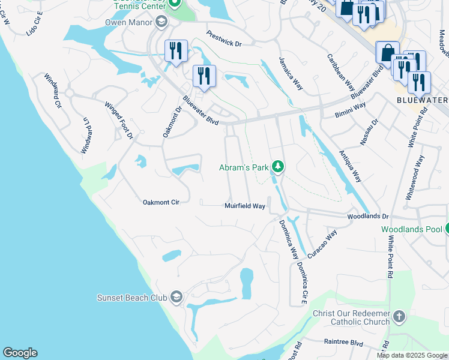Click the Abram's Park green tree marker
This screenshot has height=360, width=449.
[x=277, y=166]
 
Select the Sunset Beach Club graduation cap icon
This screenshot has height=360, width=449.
[x=176, y=298]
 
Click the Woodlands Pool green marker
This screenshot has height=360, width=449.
[x=448, y=229]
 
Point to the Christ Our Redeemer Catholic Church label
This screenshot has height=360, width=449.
[x=351, y=317]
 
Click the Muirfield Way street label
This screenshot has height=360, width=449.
[x=245, y=206]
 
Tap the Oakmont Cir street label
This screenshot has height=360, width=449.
[x=161, y=202]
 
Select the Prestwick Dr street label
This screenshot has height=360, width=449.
[x=223, y=39]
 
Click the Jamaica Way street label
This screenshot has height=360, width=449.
[x=291, y=73]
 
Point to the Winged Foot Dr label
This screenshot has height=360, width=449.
[x=119, y=121]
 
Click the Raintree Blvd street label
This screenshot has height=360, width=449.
[x=344, y=343]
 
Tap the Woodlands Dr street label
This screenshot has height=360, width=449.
[x=368, y=216]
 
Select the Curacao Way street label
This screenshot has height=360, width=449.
[x=322, y=243]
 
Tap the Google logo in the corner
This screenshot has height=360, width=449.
[x=20, y=353]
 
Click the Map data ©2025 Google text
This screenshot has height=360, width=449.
[x=411, y=355]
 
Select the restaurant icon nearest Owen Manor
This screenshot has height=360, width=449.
[x=176, y=50]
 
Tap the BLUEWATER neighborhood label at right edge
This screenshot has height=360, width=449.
[x=423, y=100]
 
